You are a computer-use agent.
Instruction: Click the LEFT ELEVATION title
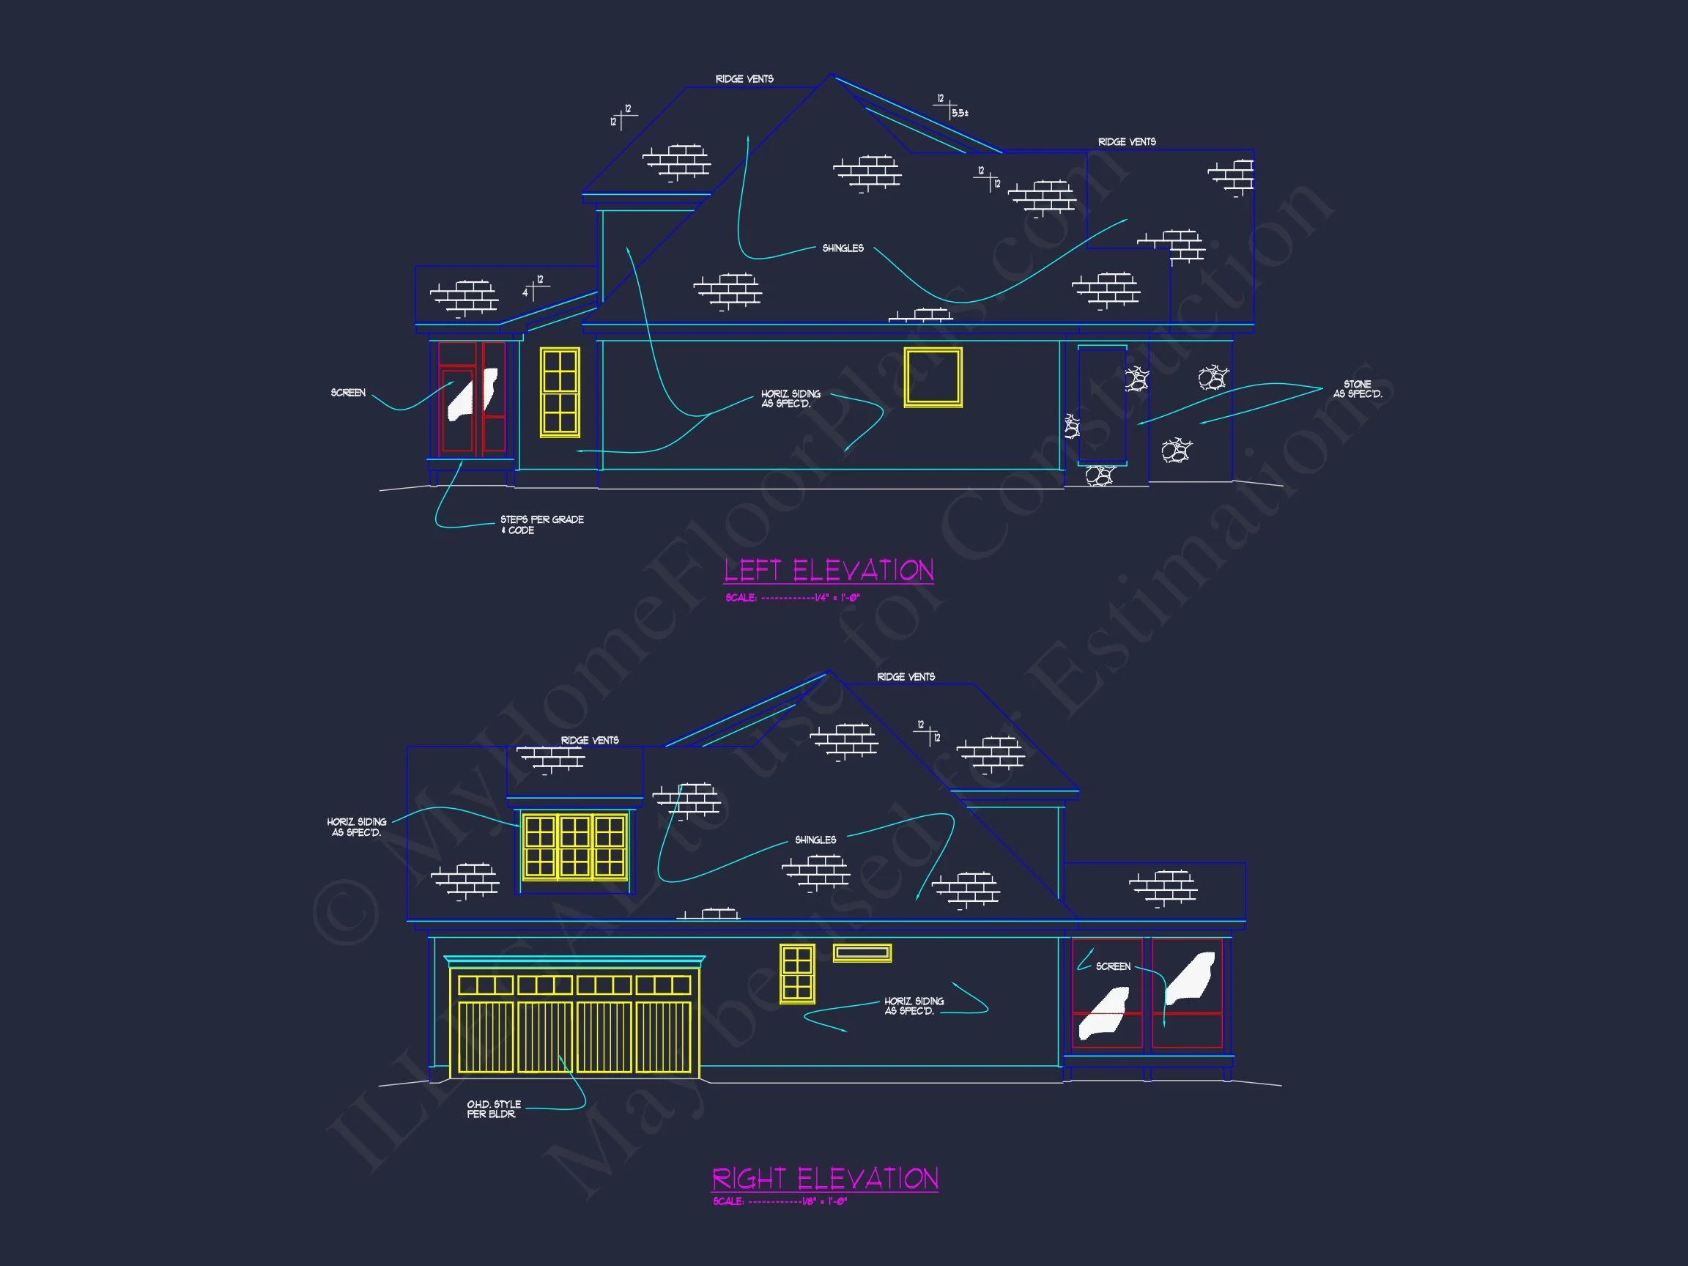tap(829, 571)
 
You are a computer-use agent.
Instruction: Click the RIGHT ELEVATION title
tap(825, 1179)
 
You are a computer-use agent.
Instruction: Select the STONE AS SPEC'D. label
tap(1357, 389)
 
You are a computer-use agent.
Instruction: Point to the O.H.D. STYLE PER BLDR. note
tap(493, 1108)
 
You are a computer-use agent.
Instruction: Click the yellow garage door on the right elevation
tap(574, 1022)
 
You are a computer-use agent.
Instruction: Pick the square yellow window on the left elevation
tap(933, 377)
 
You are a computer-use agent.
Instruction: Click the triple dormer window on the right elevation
tap(574, 846)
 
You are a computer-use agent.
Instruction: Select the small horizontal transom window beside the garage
tap(862, 952)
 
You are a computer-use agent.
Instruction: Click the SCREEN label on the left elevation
tap(348, 393)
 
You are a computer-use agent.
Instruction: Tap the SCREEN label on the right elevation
tap(1113, 966)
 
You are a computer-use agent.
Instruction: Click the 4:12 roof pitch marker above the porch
tap(533, 287)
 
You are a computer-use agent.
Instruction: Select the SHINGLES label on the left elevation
tap(843, 248)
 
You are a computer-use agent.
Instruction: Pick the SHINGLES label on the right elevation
tap(815, 840)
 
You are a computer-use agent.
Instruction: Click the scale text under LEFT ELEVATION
tap(792, 598)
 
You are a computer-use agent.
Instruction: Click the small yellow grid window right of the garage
tap(796, 973)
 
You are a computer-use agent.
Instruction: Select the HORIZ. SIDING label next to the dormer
tap(356, 826)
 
